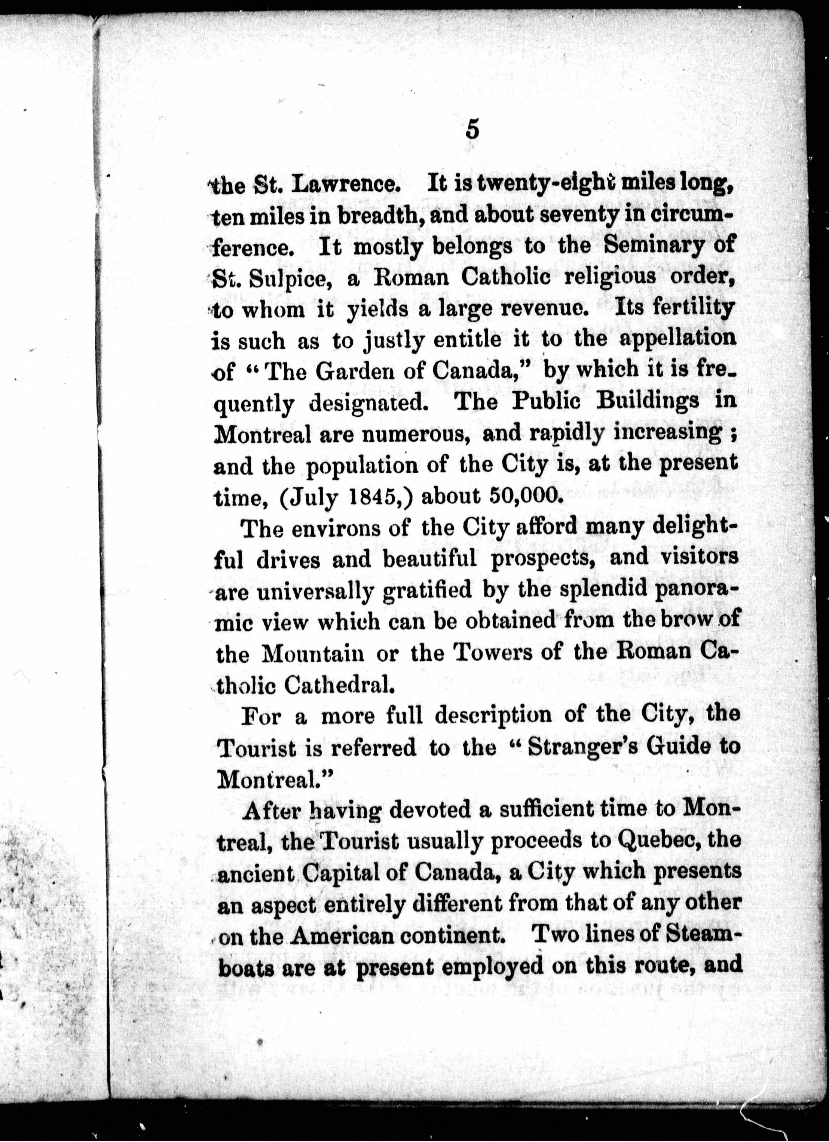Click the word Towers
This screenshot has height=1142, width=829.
pos(477,653)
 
